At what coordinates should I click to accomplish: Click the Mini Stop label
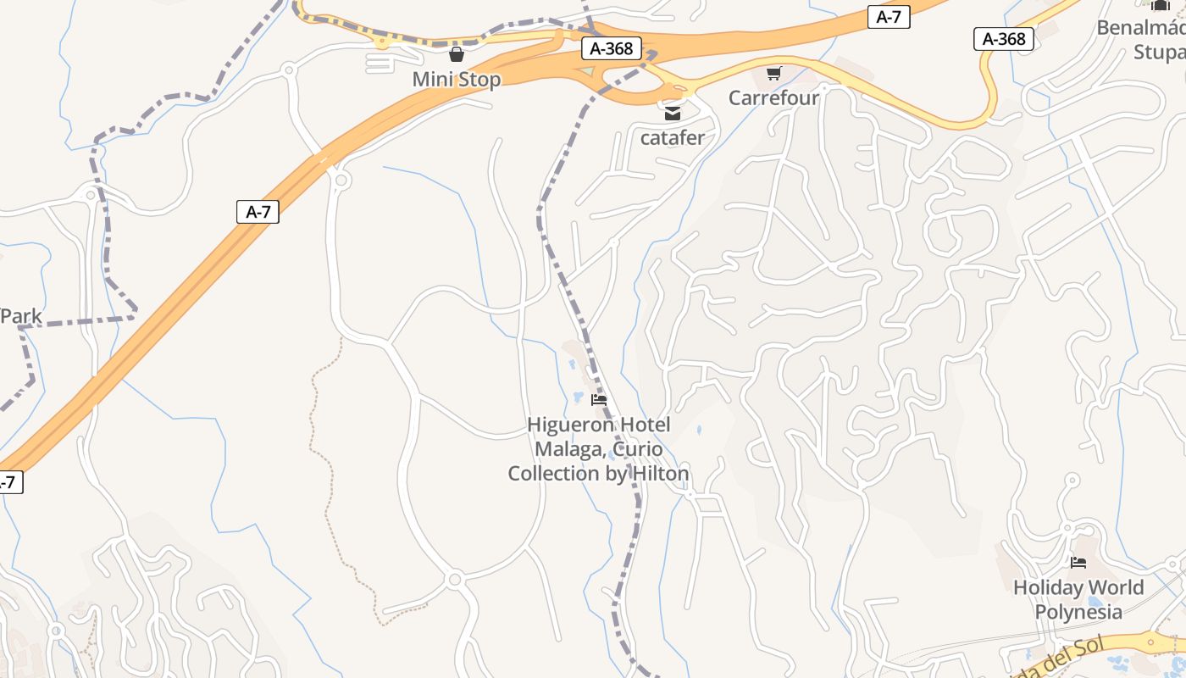point(456,80)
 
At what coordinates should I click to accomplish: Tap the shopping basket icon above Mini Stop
point(457,55)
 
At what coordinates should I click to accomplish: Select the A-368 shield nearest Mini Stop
point(611,48)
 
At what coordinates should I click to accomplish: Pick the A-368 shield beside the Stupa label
point(1005,39)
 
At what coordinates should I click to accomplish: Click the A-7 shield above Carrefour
point(888,17)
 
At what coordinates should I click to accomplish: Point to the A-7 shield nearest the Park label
point(258,212)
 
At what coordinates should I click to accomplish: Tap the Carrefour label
point(773,97)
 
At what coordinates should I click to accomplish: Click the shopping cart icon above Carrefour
point(773,74)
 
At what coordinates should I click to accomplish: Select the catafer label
point(673,137)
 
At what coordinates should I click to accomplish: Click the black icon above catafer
point(673,114)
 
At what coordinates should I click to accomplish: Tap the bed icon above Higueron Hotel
point(599,400)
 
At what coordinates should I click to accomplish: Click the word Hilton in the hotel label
point(657,474)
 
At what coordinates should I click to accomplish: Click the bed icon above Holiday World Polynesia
point(1078,562)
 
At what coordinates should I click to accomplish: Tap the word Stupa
point(1159,52)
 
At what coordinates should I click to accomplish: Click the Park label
point(20,317)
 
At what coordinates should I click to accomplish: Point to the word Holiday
point(1049,587)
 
